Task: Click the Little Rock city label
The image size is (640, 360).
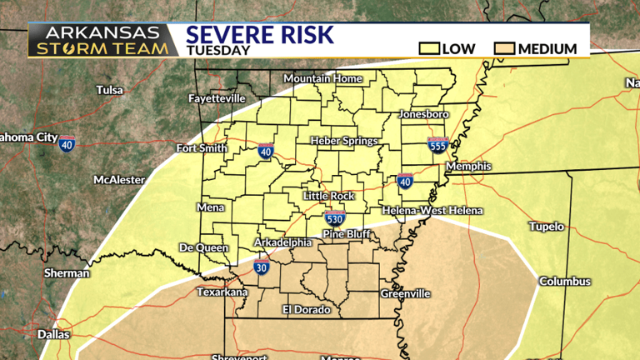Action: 328,196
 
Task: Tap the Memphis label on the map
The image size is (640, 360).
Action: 469,167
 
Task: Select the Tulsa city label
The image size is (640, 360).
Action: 109,90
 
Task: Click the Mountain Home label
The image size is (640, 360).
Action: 323,79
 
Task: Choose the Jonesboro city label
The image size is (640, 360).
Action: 424,113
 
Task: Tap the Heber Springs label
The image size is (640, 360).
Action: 344,141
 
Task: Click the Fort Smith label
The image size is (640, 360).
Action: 202,148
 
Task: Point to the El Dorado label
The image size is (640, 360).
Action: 306,309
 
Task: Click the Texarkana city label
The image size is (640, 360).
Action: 221,292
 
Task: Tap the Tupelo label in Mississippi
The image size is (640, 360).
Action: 547,227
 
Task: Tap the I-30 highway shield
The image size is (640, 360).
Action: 262,267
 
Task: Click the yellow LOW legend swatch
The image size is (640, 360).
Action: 429,48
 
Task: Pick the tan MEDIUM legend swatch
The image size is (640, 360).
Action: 504,48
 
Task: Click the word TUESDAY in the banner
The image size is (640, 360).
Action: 217,50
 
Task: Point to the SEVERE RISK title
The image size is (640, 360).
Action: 259,34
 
